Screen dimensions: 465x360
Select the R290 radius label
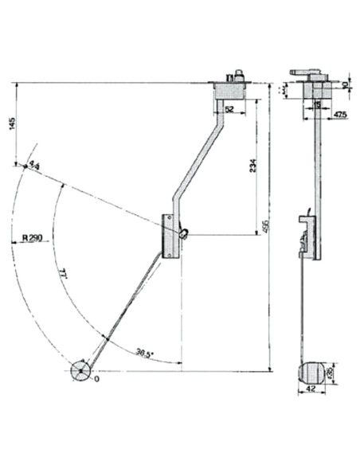click(x=32, y=238)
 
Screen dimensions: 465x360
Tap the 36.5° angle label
click(x=144, y=351)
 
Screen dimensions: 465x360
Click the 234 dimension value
click(x=252, y=165)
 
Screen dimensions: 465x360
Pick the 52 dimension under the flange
click(x=229, y=109)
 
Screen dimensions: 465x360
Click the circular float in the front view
click(x=81, y=371)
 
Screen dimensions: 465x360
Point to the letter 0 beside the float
click(x=96, y=380)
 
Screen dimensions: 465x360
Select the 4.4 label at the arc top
click(x=33, y=165)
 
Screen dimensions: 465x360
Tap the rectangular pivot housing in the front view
click(x=170, y=235)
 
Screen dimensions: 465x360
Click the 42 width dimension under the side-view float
click(x=311, y=389)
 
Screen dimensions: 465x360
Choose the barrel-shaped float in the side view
click(x=311, y=371)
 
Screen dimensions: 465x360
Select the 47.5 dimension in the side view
click(x=340, y=115)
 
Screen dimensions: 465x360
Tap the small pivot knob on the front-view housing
click(x=185, y=233)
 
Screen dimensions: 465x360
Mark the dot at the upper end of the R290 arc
click(x=16, y=165)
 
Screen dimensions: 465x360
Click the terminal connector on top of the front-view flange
click(x=234, y=76)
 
